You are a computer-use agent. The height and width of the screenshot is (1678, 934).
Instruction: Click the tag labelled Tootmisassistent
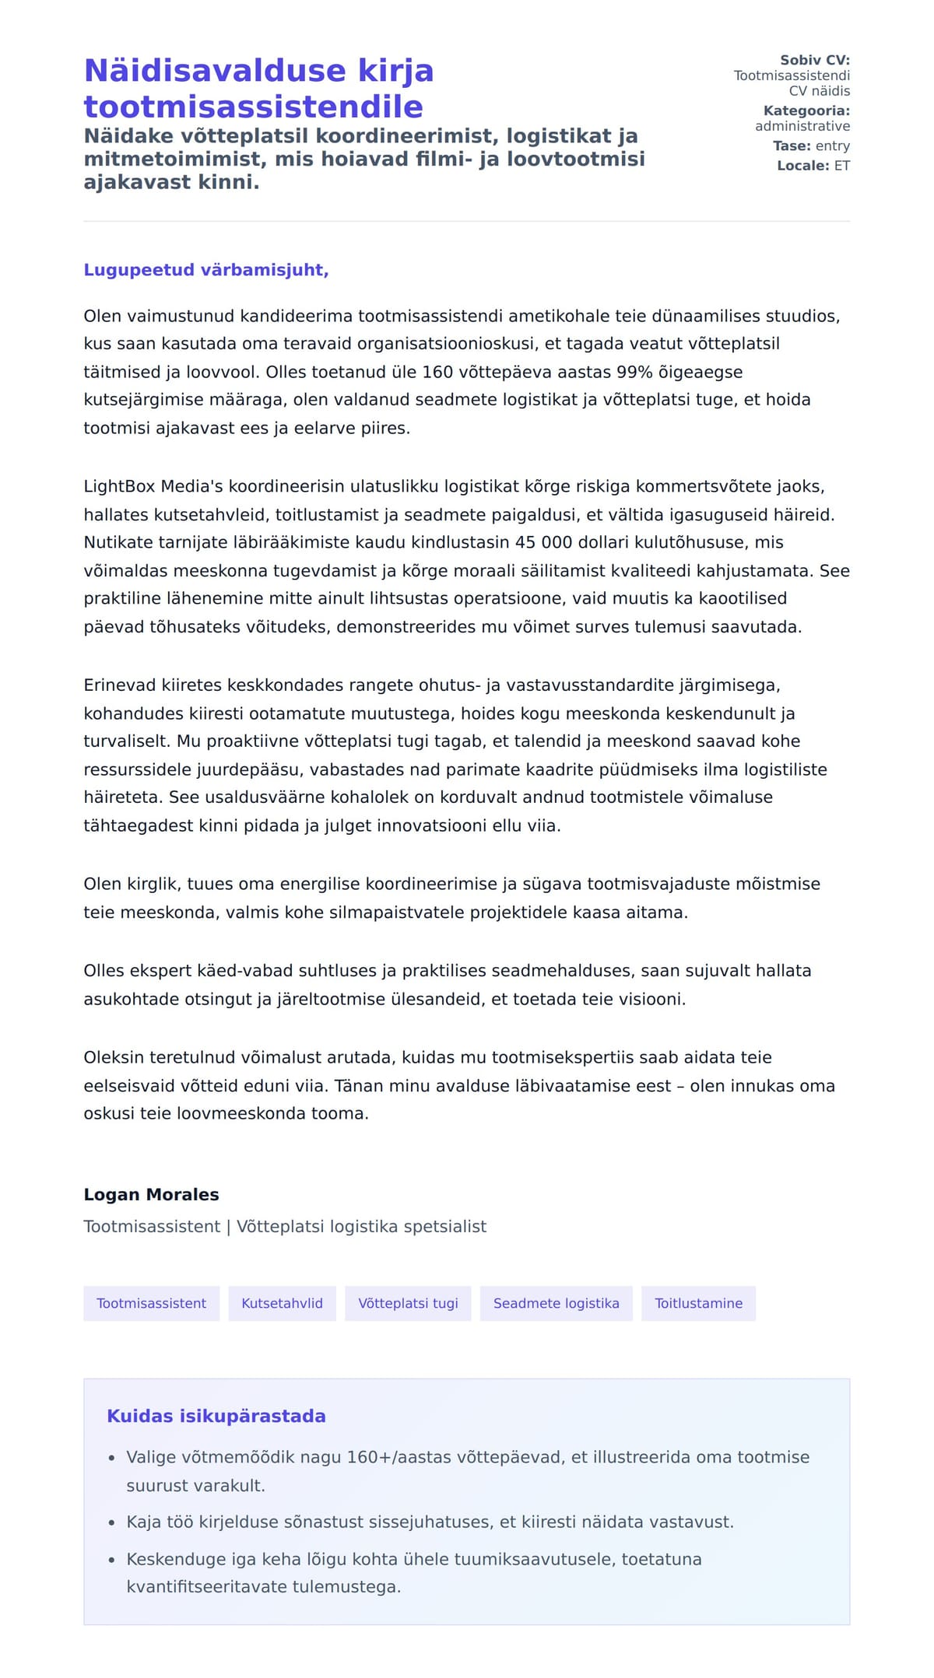tap(151, 1303)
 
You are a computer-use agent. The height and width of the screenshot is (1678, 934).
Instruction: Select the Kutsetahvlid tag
tap(282, 1303)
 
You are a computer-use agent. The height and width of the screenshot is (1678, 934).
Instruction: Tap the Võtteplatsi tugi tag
tap(408, 1303)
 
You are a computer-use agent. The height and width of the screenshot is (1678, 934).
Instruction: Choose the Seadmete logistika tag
tap(556, 1303)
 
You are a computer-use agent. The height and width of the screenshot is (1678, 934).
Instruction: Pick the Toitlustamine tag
tap(698, 1303)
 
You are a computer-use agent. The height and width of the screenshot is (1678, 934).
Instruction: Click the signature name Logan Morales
tap(151, 1194)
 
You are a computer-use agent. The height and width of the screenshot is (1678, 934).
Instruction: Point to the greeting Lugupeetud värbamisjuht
tap(206, 270)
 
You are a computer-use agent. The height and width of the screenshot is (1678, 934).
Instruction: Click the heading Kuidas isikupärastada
tap(216, 1416)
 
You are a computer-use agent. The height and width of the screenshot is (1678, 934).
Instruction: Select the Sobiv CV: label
tap(814, 60)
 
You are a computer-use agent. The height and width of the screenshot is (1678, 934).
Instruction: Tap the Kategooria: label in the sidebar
tap(806, 110)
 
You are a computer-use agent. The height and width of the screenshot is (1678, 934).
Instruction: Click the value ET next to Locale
tap(842, 166)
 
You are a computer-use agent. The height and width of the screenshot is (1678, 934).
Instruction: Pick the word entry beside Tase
tap(832, 145)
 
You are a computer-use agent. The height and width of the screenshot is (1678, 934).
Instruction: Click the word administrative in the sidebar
tap(802, 126)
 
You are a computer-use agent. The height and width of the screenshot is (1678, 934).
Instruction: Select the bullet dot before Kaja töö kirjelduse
tap(112, 1522)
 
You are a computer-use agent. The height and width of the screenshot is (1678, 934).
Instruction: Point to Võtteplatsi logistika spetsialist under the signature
tap(361, 1226)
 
